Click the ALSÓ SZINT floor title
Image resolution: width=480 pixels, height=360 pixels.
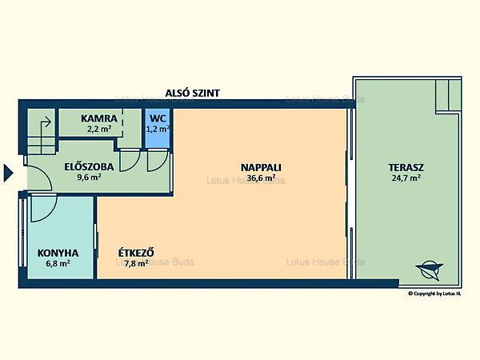pos(193,93)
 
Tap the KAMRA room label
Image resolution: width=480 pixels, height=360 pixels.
pos(99,118)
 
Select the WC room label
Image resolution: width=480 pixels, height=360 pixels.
pos(158,118)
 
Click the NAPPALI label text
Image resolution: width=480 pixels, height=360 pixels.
pos(261,167)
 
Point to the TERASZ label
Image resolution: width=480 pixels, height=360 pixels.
pos(406,167)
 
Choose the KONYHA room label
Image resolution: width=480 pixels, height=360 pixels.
pos(58,253)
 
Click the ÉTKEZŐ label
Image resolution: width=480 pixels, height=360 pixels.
pos(136,253)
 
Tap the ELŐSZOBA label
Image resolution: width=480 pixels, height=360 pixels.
pos(89,166)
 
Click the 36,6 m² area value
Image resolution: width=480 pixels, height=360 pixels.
pos(261,178)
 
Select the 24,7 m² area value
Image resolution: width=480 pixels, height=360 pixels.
pos(406,178)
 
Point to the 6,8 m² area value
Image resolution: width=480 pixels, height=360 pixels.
pos(58,263)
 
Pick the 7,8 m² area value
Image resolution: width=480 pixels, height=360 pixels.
pos(136,263)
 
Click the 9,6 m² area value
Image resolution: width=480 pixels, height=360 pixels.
pos(89,178)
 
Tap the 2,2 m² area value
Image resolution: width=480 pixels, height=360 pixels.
pos(99,129)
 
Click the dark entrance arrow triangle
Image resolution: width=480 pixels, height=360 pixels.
pos(8,173)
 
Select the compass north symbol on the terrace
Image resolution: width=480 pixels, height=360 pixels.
pos(429,270)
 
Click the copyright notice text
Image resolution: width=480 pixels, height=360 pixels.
pos(434,294)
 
